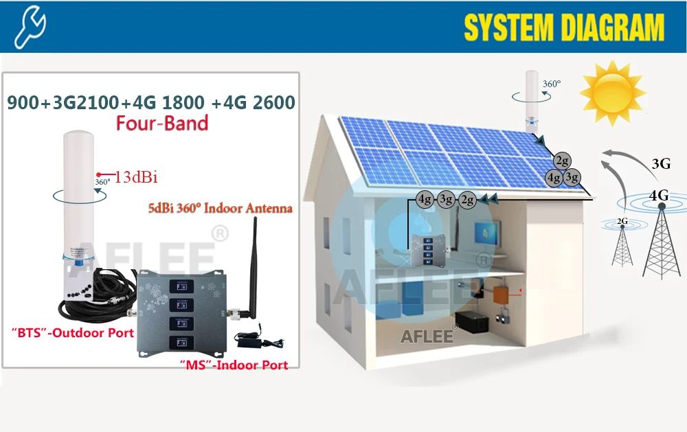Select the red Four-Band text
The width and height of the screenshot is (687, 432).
coord(162,123)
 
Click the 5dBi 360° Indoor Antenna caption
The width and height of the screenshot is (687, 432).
coord(220,207)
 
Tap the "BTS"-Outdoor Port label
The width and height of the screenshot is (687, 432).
coord(69,334)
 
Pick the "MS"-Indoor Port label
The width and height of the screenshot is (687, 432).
coord(234,365)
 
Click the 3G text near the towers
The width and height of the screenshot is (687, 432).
coord(660,163)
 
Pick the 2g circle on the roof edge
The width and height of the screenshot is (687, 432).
coord(563,161)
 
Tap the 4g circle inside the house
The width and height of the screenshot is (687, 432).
coord(425,201)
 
